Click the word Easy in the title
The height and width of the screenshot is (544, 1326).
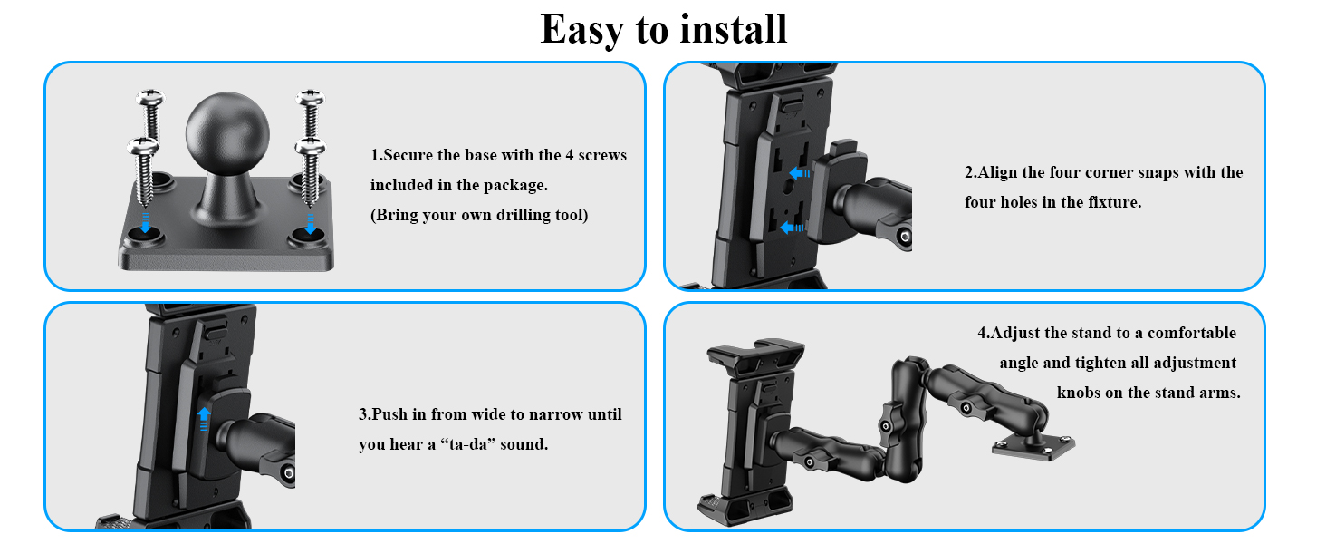(581, 31)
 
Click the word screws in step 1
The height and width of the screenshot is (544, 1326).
(602, 155)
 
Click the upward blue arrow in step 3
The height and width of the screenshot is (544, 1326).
(204, 418)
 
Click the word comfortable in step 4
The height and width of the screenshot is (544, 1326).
(1192, 333)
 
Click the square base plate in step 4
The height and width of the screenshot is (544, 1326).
(1034, 445)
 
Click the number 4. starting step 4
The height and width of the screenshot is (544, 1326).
(984, 333)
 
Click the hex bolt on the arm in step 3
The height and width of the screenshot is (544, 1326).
(287, 473)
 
